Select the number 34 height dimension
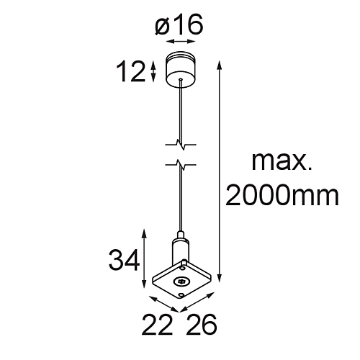point(125,258)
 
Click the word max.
point(281,161)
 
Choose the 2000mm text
point(282,194)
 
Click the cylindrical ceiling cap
point(180,68)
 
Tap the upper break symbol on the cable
point(180,143)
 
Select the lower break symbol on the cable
point(180,166)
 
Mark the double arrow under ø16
point(180,43)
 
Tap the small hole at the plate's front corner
point(181,294)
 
